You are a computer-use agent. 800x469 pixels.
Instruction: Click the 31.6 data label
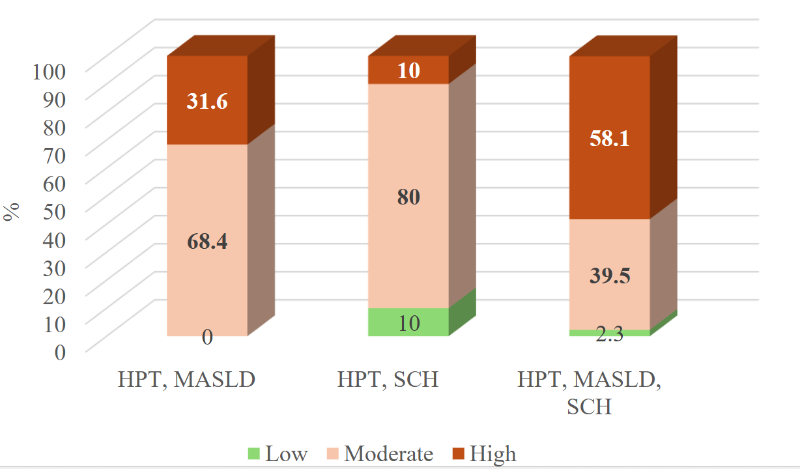tap(207, 102)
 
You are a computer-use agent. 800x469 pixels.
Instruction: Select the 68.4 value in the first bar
tap(207, 242)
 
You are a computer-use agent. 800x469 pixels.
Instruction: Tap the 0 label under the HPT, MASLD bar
tap(207, 337)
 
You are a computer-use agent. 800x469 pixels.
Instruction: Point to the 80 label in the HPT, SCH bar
tap(408, 197)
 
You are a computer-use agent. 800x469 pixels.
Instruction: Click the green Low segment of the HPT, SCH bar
tap(408, 322)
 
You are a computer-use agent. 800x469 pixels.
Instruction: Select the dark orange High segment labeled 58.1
tap(610, 138)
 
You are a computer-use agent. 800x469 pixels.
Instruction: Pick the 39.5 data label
tap(610, 276)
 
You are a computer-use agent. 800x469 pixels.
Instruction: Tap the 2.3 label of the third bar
tap(610, 335)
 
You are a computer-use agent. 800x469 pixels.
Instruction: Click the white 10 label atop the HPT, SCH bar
tap(408, 70)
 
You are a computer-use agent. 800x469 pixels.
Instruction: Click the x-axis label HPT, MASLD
tap(186, 380)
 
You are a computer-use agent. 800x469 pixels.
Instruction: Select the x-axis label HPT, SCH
tap(388, 380)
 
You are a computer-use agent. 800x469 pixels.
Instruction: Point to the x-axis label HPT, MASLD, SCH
tap(590, 393)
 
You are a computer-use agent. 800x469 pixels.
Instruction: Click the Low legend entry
tap(278, 453)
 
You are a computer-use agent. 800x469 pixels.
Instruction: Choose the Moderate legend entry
tap(379, 453)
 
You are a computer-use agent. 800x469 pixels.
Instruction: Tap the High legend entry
tap(484, 453)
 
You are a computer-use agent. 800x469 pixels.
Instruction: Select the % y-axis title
tap(11, 212)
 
